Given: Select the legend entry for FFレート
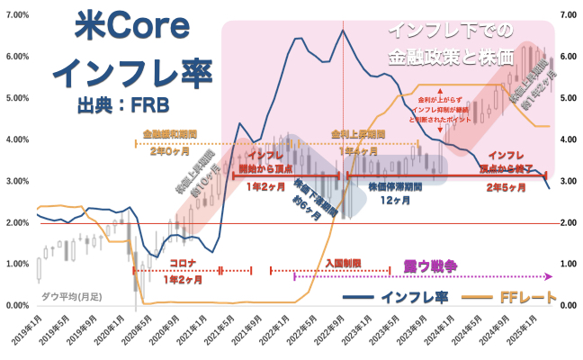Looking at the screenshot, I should (x=528, y=296).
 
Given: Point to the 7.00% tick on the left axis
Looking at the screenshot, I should (x=16, y=15).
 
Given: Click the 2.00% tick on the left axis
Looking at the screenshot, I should (x=16, y=223).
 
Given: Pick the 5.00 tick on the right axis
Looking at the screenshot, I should (x=569, y=98).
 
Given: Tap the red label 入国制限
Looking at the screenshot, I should (x=341, y=263).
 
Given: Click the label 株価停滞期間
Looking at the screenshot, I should (x=397, y=186).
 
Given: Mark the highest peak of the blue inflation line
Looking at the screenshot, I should (x=343, y=31).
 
